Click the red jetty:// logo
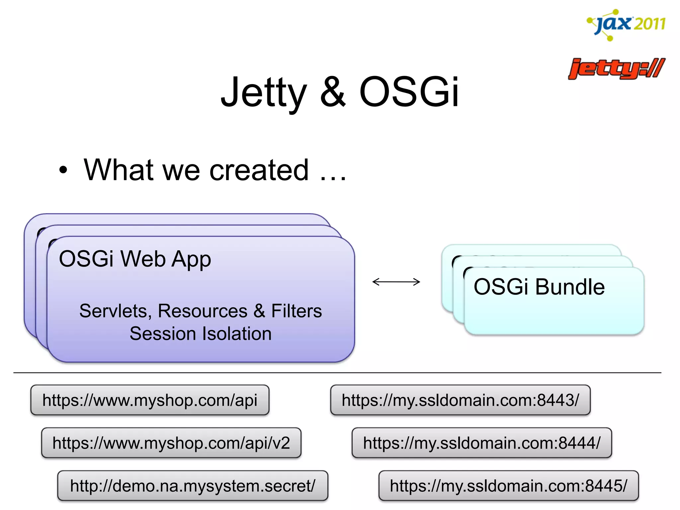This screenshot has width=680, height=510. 617,69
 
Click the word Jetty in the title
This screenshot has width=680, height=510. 264,92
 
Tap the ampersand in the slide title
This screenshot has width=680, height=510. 333,92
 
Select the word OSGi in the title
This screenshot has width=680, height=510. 409,92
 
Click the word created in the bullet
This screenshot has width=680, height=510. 259,170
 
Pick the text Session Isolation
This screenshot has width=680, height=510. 201,333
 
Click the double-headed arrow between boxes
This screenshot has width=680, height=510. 396,282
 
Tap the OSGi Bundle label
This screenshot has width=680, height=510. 539,287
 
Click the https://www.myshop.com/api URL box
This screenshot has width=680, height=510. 150,400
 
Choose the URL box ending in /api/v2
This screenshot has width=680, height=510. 171,443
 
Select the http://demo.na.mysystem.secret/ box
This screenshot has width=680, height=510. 193,486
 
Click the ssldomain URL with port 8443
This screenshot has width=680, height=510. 460,400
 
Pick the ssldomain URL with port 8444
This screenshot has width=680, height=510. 481,443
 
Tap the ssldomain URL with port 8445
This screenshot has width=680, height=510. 508,486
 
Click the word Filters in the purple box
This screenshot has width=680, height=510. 297,311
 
